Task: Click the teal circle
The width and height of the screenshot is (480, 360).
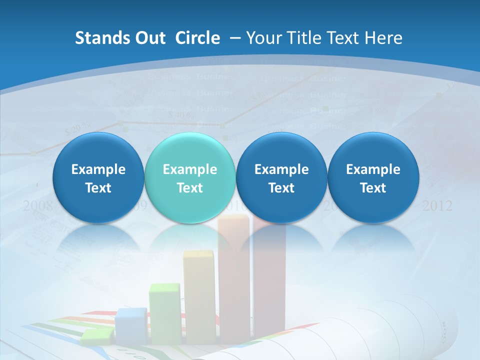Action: [190, 178]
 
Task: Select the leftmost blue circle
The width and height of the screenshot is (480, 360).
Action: [98, 178]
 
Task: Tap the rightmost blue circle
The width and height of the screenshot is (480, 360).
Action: [373, 178]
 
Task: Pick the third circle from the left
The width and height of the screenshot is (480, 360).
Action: [281, 178]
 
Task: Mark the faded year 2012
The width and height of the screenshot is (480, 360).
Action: [437, 205]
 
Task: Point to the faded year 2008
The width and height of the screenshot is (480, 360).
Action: [37, 205]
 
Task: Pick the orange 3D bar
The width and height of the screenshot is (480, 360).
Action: [234, 280]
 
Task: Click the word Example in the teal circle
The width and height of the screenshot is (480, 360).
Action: [190, 169]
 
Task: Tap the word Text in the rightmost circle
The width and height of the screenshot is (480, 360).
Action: [373, 188]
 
